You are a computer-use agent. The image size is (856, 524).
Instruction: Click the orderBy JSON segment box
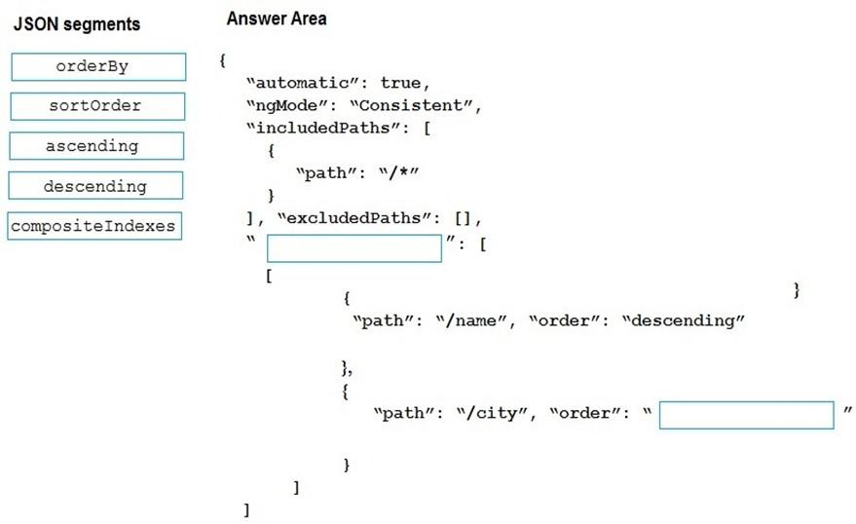point(98,66)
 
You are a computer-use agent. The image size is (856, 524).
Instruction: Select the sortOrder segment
point(97,106)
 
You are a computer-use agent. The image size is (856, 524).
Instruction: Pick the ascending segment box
point(96,146)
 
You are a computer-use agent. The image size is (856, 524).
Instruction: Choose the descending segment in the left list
point(95,186)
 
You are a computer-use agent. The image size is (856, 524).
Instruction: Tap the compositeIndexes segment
point(94,226)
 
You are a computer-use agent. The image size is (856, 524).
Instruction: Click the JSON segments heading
point(77,24)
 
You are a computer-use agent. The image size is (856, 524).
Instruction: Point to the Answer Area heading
point(277,19)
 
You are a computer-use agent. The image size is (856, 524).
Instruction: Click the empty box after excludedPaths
point(354,248)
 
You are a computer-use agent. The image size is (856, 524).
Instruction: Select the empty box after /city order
point(747,415)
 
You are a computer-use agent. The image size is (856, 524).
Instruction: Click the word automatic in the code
point(303,83)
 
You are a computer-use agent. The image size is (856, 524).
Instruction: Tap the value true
point(400,83)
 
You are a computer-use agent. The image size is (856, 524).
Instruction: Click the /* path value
point(399,173)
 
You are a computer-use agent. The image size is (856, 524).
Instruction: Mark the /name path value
point(471,320)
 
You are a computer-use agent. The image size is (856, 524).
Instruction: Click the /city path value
point(492,413)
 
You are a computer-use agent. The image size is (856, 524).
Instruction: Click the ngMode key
point(286,105)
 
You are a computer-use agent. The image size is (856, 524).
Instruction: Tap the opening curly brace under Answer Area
point(222,60)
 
